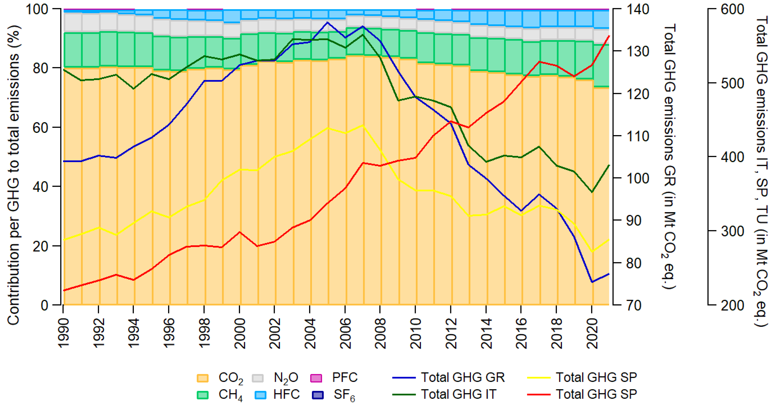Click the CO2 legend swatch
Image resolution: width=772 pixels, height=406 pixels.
coord(202,378)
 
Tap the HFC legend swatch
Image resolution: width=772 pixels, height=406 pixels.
coord(260,395)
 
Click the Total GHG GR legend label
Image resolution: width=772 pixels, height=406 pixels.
coord(463,377)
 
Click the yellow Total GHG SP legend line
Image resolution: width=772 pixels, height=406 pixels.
coord(539,378)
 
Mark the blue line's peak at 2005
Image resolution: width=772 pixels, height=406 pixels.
coord(327,22)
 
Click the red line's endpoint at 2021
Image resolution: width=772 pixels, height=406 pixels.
coord(609,36)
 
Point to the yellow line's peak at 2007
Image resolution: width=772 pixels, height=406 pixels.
coord(363,125)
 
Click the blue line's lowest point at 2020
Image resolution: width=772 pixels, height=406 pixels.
coord(592,282)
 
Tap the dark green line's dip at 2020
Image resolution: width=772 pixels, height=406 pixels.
coord(592,192)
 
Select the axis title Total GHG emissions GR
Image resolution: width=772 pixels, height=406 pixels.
coord(669,156)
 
